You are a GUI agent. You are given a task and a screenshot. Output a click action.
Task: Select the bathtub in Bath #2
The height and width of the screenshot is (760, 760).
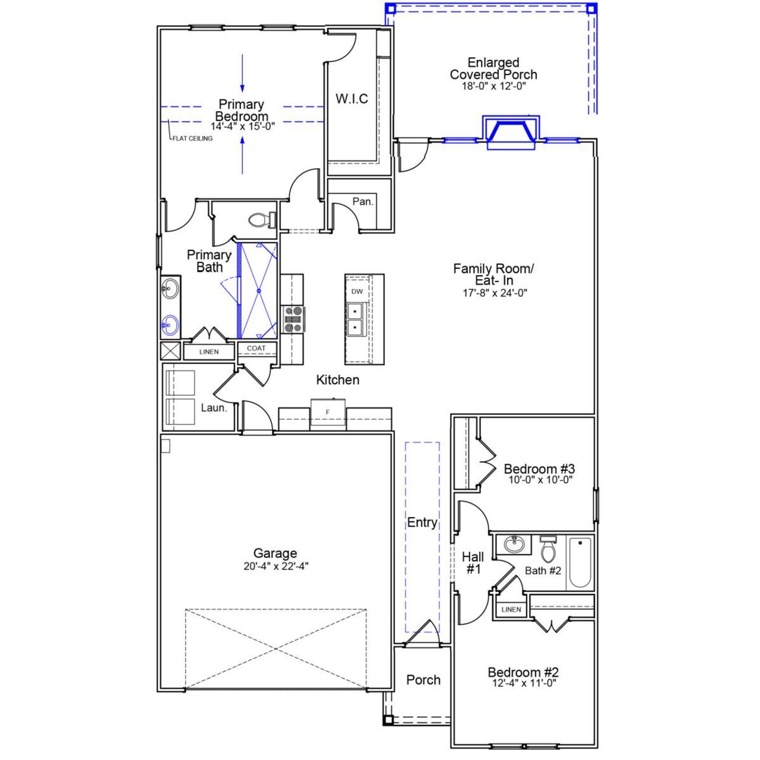pos(580,562)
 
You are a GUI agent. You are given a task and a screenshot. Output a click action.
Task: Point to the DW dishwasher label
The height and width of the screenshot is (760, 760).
pos(357,292)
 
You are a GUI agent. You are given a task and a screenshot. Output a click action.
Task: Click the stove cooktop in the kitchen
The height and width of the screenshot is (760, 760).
pos(293,319)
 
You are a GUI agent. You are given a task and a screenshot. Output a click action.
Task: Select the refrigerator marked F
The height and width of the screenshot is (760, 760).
pos(328,412)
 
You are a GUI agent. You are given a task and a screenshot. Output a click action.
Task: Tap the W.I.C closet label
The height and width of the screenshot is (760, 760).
pos(351,99)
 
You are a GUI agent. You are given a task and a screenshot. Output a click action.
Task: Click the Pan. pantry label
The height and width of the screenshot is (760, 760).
pos(363,201)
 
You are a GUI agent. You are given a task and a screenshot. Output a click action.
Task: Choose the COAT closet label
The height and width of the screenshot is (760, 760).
pos(256,349)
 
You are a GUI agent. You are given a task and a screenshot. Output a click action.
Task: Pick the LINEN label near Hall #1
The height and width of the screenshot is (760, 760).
pos(511,610)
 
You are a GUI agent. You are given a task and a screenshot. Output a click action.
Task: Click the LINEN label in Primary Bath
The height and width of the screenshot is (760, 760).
pos(209,352)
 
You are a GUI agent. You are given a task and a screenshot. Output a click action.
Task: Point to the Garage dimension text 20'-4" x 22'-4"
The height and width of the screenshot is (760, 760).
pos(275,566)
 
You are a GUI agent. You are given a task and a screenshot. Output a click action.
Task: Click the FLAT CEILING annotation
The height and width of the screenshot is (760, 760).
pos(192,138)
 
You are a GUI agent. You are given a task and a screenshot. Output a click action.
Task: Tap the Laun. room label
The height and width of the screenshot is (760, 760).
pos(214,408)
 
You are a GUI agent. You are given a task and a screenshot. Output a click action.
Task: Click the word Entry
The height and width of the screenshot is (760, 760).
pos(422,522)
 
